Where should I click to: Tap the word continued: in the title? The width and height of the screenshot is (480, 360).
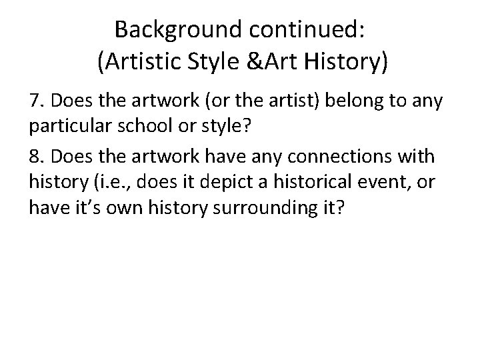pyautogui.click(x=306, y=29)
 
